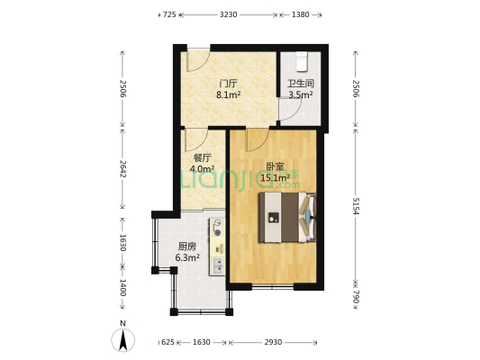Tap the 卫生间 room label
click(x=301, y=84)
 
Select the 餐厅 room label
click(x=202, y=158)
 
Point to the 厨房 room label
click(x=187, y=247)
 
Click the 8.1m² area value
click(x=229, y=94)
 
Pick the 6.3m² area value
click(x=187, y=257)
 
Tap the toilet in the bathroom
click(x=302, y=61)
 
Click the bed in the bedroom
click(x=287, y=218)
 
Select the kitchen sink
click(x=218, y=265)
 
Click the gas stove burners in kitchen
click(x=218, y=228)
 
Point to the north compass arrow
click(x=123, y=340)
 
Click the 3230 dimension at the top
click(x=229, y=14)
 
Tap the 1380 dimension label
click(x=300, y=14)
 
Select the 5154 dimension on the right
click(x=356, y=206)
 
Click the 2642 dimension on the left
click(x=122, y=168)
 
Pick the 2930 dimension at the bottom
click(x=273, y=342)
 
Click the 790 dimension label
click(x=356, y=296)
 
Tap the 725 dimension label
click(x=169, y=14)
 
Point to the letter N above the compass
click(x=122, y=324)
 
